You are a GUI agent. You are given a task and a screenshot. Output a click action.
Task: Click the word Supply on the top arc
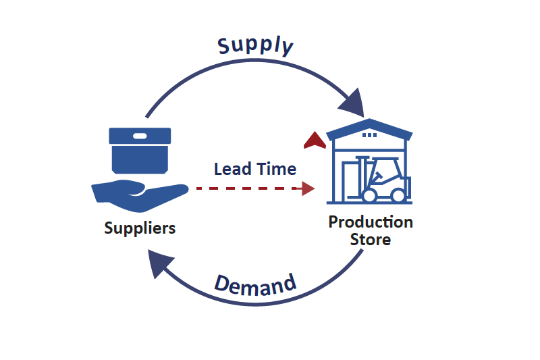[255, 45]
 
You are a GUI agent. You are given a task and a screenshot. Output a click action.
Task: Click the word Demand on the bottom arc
[255, 285]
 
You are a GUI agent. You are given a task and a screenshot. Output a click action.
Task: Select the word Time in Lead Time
[276, 168]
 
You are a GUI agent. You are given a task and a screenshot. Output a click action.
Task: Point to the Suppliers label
[140, 228]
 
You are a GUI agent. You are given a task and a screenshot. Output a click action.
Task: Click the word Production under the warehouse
[371, 222]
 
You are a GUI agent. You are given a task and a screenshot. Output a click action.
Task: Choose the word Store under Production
[370, 239]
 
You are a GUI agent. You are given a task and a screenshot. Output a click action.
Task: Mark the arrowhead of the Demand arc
[160, 263]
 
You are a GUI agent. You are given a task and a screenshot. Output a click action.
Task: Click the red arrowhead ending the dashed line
[308, 188]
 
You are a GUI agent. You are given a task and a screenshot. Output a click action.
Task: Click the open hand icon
[138, 193]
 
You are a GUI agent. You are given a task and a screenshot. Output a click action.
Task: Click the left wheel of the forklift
[369, 195]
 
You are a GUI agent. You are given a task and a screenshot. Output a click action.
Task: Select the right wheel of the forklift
[399, 195]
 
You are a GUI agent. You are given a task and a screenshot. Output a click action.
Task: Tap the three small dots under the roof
[369, 135]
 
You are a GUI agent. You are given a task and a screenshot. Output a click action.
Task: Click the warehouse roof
[369, 126]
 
